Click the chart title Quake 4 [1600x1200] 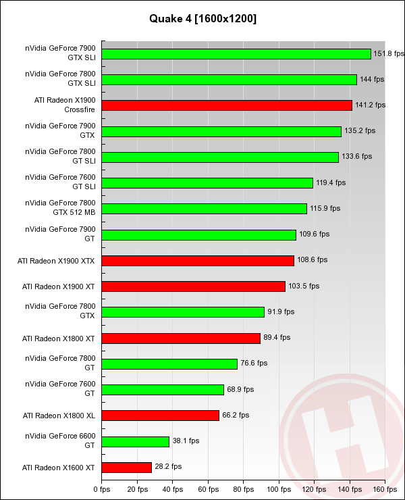[202, 19]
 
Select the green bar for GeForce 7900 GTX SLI [236, 54]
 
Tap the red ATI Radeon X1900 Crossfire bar [227, 105]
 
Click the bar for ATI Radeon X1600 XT [127, 467]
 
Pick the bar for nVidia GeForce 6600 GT [135, 441]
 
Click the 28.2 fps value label [168, 467]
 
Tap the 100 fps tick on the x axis [278, 489]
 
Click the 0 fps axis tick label [101, 489]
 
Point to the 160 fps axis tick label [385, 489]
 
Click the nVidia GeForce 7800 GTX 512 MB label [60, 208]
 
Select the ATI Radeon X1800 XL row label [59, 415]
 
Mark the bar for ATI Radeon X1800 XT [181, 338]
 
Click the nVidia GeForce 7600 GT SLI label [60, 182]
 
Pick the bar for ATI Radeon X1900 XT [194, 286]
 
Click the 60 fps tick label [208, 489]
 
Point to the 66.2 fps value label [236, 415]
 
